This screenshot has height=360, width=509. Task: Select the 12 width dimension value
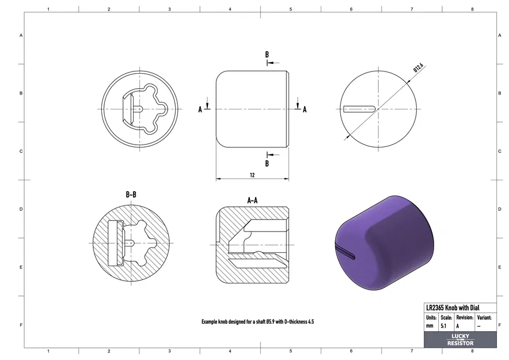pos(252,175)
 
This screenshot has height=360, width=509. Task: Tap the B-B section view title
pos(131,195)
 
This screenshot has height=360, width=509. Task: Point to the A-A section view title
pos(252,200)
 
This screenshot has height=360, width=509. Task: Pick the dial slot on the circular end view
pos(359,108)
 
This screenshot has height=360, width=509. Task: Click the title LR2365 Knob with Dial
pos(453,308)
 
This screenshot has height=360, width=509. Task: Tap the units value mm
pos(430,326)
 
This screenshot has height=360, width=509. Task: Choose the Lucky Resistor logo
pos(460,340)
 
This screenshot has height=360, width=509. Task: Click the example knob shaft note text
pos(257,321)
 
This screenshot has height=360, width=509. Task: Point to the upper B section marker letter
pos(267,55)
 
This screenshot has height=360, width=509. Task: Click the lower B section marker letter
pos(267,163)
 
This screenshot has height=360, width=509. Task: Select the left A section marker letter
pos(200,109)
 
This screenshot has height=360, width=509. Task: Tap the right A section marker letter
pos(305,109)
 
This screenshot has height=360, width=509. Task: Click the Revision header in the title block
pos(464,317)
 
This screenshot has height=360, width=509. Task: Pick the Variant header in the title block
pos(484,317)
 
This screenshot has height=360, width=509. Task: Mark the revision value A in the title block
pos(458,326)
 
